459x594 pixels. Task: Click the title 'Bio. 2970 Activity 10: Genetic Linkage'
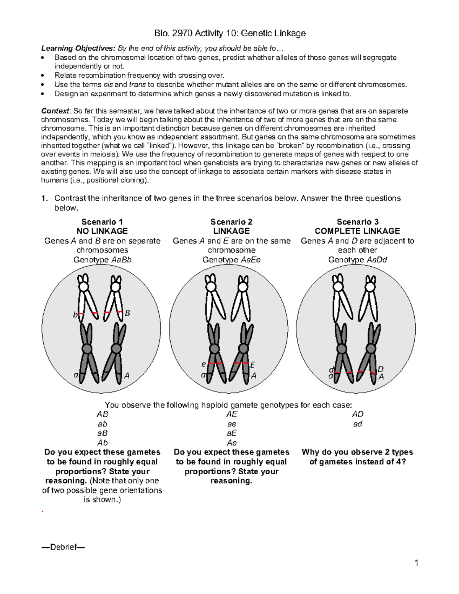(229, 33)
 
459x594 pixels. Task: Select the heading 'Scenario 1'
(102, 222)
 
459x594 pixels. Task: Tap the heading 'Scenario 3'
(357, 222)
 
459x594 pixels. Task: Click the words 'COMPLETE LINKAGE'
(357, 231)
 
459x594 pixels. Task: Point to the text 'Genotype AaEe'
(231, 260)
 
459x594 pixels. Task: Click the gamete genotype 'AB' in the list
(102, 414)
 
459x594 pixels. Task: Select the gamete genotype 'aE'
(231, 433)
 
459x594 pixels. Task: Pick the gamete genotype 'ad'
(358, 424)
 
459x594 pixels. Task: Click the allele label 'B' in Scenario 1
(128, 313)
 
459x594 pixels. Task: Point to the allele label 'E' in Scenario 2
(252, 366)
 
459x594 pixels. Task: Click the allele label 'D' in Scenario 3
(380, 369)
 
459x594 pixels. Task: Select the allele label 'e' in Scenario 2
(203, 365)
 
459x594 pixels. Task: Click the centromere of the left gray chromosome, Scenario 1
(87, 349)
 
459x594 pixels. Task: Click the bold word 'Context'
(55, 111)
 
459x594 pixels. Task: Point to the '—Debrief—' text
(63, 547)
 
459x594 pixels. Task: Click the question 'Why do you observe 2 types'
(357, 452)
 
